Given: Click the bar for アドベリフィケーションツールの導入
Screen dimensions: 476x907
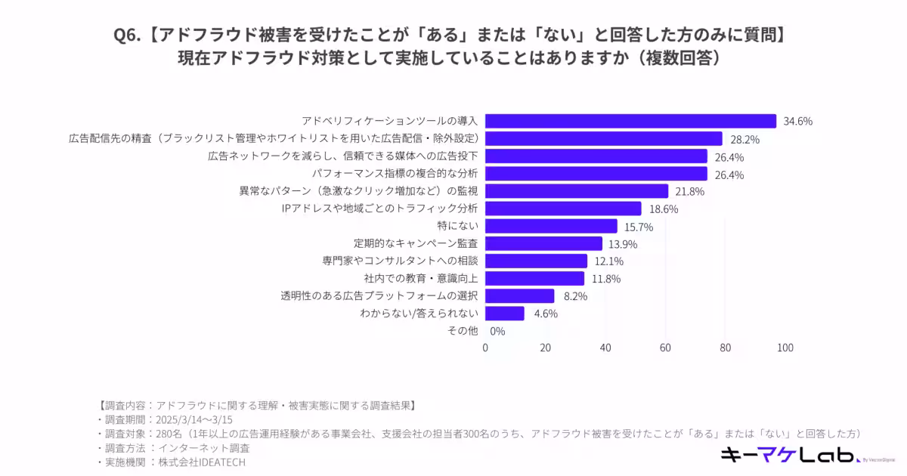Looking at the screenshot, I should coord(630,121).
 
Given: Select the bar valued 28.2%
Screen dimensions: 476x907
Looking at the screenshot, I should coord(603,138).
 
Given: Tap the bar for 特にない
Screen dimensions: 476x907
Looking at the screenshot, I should coord(551,226).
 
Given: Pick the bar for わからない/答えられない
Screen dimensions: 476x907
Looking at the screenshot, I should coord(504,313).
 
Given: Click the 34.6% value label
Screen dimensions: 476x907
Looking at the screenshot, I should coord(797,122).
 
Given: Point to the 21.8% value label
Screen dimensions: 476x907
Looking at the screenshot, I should coord(689,192).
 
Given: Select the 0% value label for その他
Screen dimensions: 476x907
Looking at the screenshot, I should coord(497,331).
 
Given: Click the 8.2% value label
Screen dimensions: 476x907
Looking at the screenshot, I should coord(574,296).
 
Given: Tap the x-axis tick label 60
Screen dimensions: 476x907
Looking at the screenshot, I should coord(665,348).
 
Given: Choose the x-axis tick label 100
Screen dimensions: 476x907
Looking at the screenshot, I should coord(785,348).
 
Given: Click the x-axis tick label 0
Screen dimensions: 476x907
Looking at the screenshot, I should coord(485,348).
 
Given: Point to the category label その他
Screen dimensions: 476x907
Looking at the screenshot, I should coord(462,331).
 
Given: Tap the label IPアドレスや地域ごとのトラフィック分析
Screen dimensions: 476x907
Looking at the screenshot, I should coord(379,209).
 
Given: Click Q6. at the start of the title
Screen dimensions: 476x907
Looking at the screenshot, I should coord(126,35).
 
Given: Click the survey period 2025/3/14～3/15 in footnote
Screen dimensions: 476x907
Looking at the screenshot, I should coord(193,419).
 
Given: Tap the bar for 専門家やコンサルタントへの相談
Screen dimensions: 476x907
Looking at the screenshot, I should coord(536,261).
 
